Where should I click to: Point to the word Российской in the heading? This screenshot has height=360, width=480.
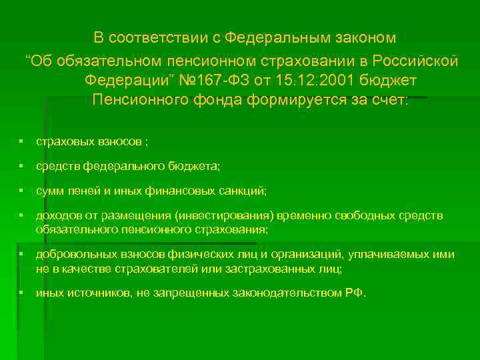click(x=416, y=61)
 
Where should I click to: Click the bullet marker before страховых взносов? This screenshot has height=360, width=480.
click(x=22, y=142)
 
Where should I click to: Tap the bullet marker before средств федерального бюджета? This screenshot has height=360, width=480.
click(x=22, y=166)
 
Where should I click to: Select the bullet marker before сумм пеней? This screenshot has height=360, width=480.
click(x=22, y=191)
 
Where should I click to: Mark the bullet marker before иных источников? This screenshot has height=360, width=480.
click(x=22, y=293)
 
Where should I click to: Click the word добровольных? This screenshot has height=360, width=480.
click(x=71, y=255)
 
